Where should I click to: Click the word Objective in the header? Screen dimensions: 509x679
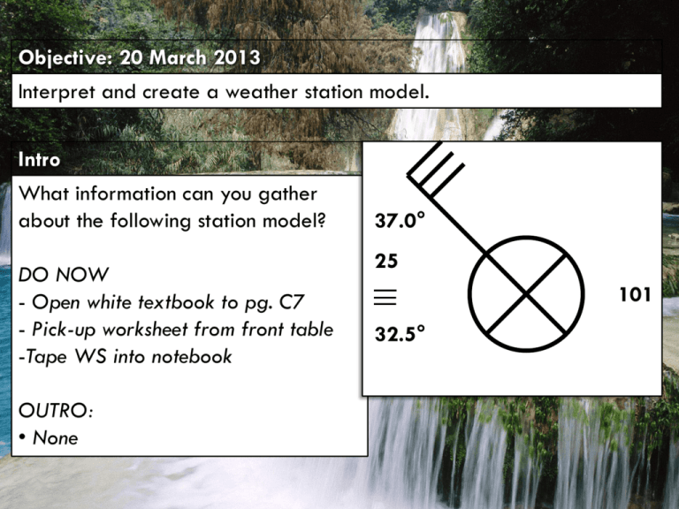[57, 58]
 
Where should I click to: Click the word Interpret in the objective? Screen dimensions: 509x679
[55, 92]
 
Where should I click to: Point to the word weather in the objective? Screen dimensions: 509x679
[260, 92]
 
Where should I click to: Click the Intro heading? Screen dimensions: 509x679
[39, 160]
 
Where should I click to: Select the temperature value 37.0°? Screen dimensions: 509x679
[400, 222]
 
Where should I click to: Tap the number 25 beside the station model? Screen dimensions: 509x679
[386, 262]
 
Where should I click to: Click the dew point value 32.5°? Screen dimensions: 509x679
[400, 332]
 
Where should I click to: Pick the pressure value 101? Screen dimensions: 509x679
[634, 294]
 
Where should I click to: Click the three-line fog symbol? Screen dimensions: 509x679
[385, 297]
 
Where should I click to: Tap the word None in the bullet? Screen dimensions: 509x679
[56, 438]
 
